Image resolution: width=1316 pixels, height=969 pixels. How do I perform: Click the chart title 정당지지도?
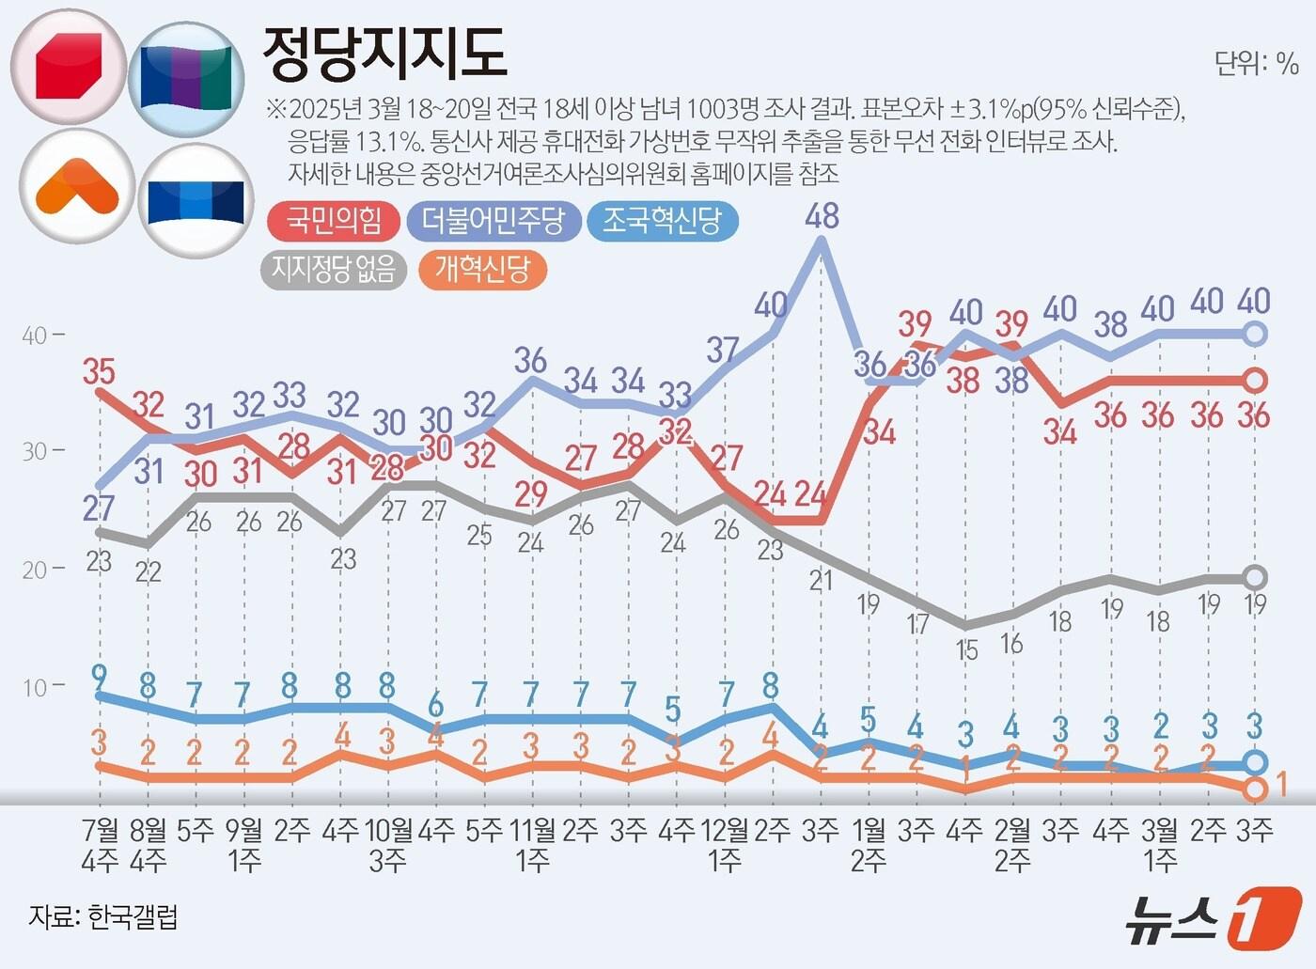pyautogui.click(x=384, y=54)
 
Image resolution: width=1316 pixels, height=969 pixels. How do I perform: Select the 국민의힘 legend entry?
pyautogui.click(x=334, y=222)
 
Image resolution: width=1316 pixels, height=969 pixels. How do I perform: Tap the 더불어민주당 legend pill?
pyautogui.click(x=493, y=222)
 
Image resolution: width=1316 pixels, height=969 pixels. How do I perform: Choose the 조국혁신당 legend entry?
pyautogui.click(x=662, y=222)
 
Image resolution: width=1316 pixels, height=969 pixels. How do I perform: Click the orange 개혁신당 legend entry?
pyautogui.click(x=482, y=270)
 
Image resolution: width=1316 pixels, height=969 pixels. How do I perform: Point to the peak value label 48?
pyautogui.click(x=822, y=216)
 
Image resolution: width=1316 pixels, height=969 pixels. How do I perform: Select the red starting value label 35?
pyautogui.click(x=99, y=372)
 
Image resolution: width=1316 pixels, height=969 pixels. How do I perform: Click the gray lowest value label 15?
pyautogui.click(x=966, y=650)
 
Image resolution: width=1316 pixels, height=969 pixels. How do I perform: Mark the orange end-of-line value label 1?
pyautogui.click(x=1280, y=784)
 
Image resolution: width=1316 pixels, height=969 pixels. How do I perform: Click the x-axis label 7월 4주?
pyautogui.click(x=100, y=844)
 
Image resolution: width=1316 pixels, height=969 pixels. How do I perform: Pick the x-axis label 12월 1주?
pyautogui.click(x=725, y=844)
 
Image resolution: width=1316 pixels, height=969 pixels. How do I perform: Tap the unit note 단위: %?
pyautogui.click(x=1256, y=64)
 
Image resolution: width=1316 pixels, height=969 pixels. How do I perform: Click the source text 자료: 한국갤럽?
pyautogui.click(x=103, y=916)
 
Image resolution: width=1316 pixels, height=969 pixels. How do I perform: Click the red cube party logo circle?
pyautogui.click(x=69, y=67)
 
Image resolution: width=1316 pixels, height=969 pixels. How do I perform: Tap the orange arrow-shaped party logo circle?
pyautogui.click(x=77, y=186)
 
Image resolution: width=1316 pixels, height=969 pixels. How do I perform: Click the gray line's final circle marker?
pyautogui.click(x=1255, y=577)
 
